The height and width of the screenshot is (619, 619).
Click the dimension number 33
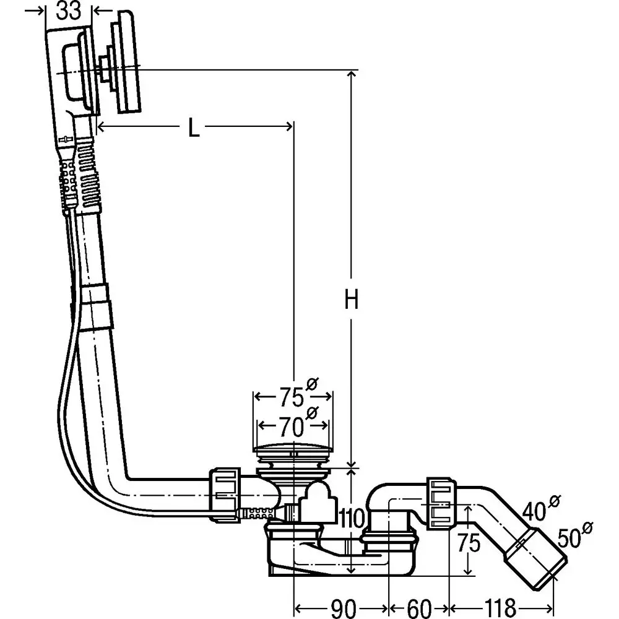click(69, 11)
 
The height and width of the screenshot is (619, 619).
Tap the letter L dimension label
click(193, 128)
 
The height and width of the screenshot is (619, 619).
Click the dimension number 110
click(352, 518)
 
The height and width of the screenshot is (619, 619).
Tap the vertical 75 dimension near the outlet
click(469, 542)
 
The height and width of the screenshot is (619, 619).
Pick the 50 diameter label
click(575, 535)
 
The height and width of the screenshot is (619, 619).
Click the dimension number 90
click(343, 608)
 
